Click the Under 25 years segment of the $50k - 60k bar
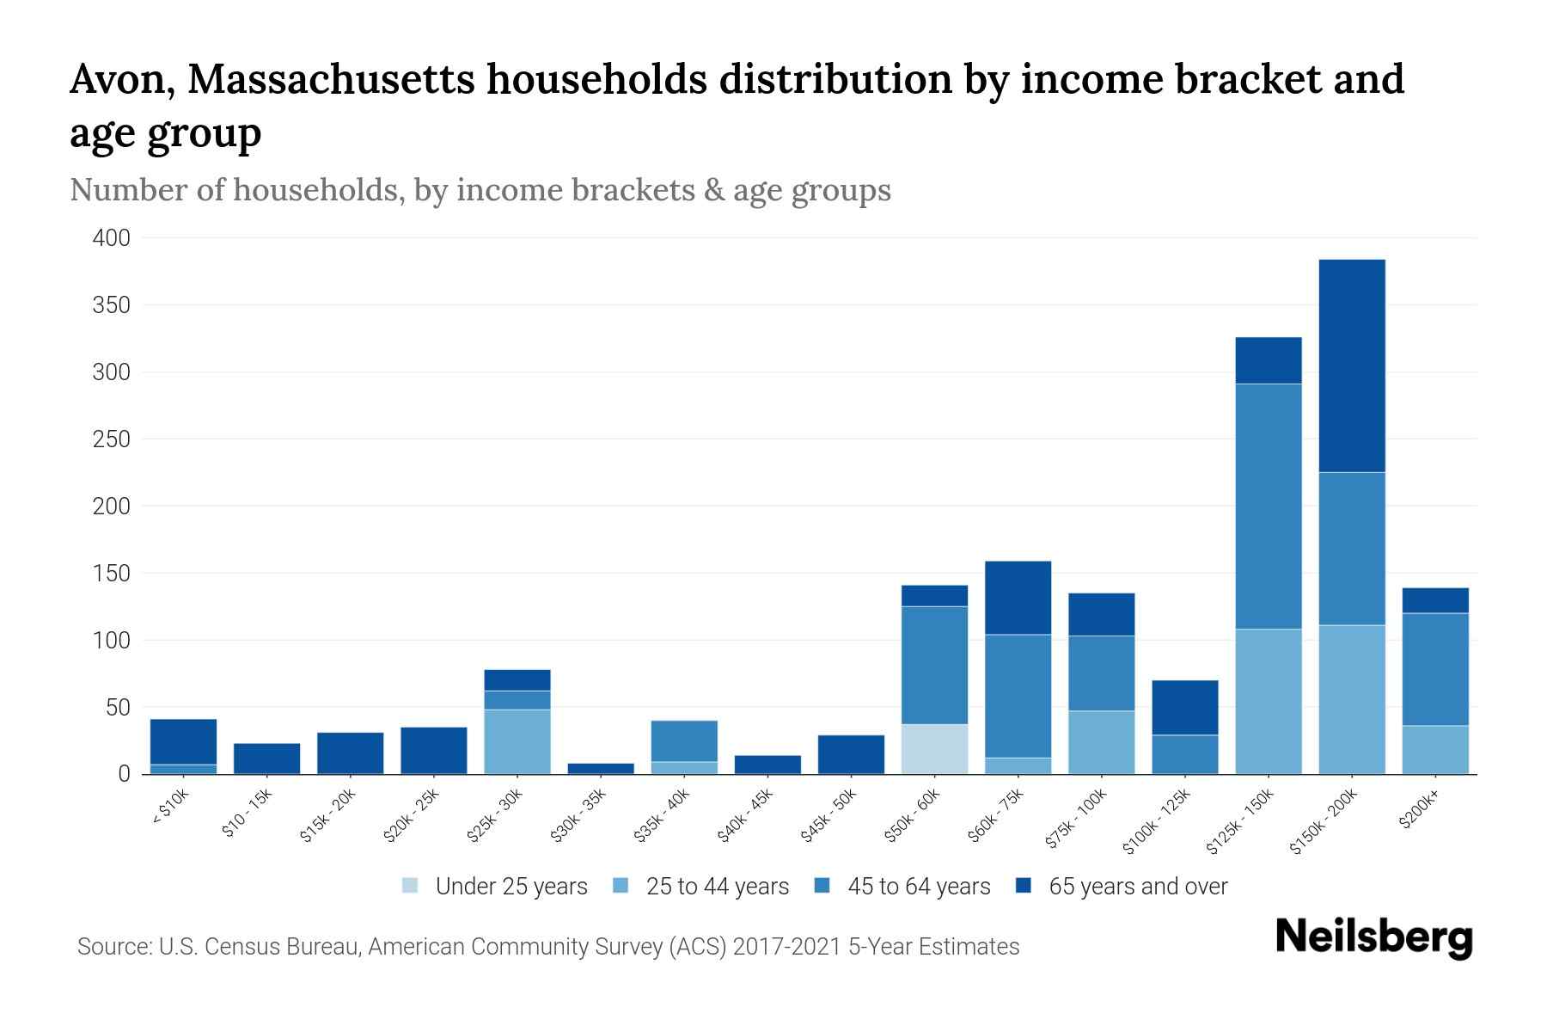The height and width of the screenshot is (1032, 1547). click(x=934, y=749)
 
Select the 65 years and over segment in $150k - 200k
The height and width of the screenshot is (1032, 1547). click(x=1351, y=365)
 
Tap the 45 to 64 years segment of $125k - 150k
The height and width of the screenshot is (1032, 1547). click(x=1268, y=507)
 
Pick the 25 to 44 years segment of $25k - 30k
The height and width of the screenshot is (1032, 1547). click(x=517, y=741)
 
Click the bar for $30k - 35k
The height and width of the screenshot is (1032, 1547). click(x=601, y=768)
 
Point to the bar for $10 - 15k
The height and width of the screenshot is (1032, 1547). click(x=266, y=759)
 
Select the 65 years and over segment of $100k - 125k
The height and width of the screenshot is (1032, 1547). click(x=1184, y=708)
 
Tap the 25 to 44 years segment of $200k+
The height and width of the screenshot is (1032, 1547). click(x=1434, y=750)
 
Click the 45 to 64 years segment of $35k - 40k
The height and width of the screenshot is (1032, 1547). click(x=684, y=741)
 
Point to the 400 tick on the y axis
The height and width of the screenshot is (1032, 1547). click(x=112, y=238)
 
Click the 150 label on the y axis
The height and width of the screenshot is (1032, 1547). click(x=112, y=574)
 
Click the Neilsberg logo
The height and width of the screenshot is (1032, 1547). click(x=1373, y=937)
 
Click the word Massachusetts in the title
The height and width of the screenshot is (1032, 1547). click(x=330, y=79)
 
